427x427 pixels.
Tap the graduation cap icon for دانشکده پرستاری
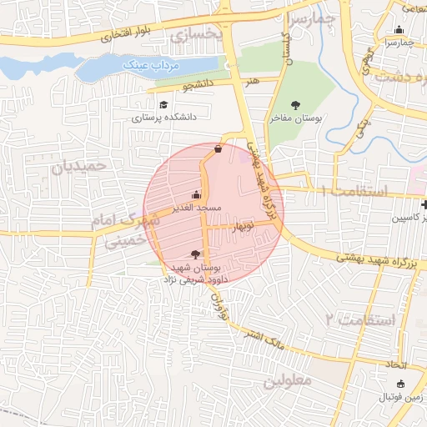[163, 105]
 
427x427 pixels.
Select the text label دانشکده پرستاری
[164, 118]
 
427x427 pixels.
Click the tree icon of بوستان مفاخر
[296, 105]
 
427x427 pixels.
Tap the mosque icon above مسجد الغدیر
[197, 193]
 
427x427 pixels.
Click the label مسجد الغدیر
[196, 207]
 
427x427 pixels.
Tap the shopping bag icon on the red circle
[218, 149]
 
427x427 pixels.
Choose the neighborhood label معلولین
[288, 381]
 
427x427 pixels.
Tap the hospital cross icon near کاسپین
[424, 204]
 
